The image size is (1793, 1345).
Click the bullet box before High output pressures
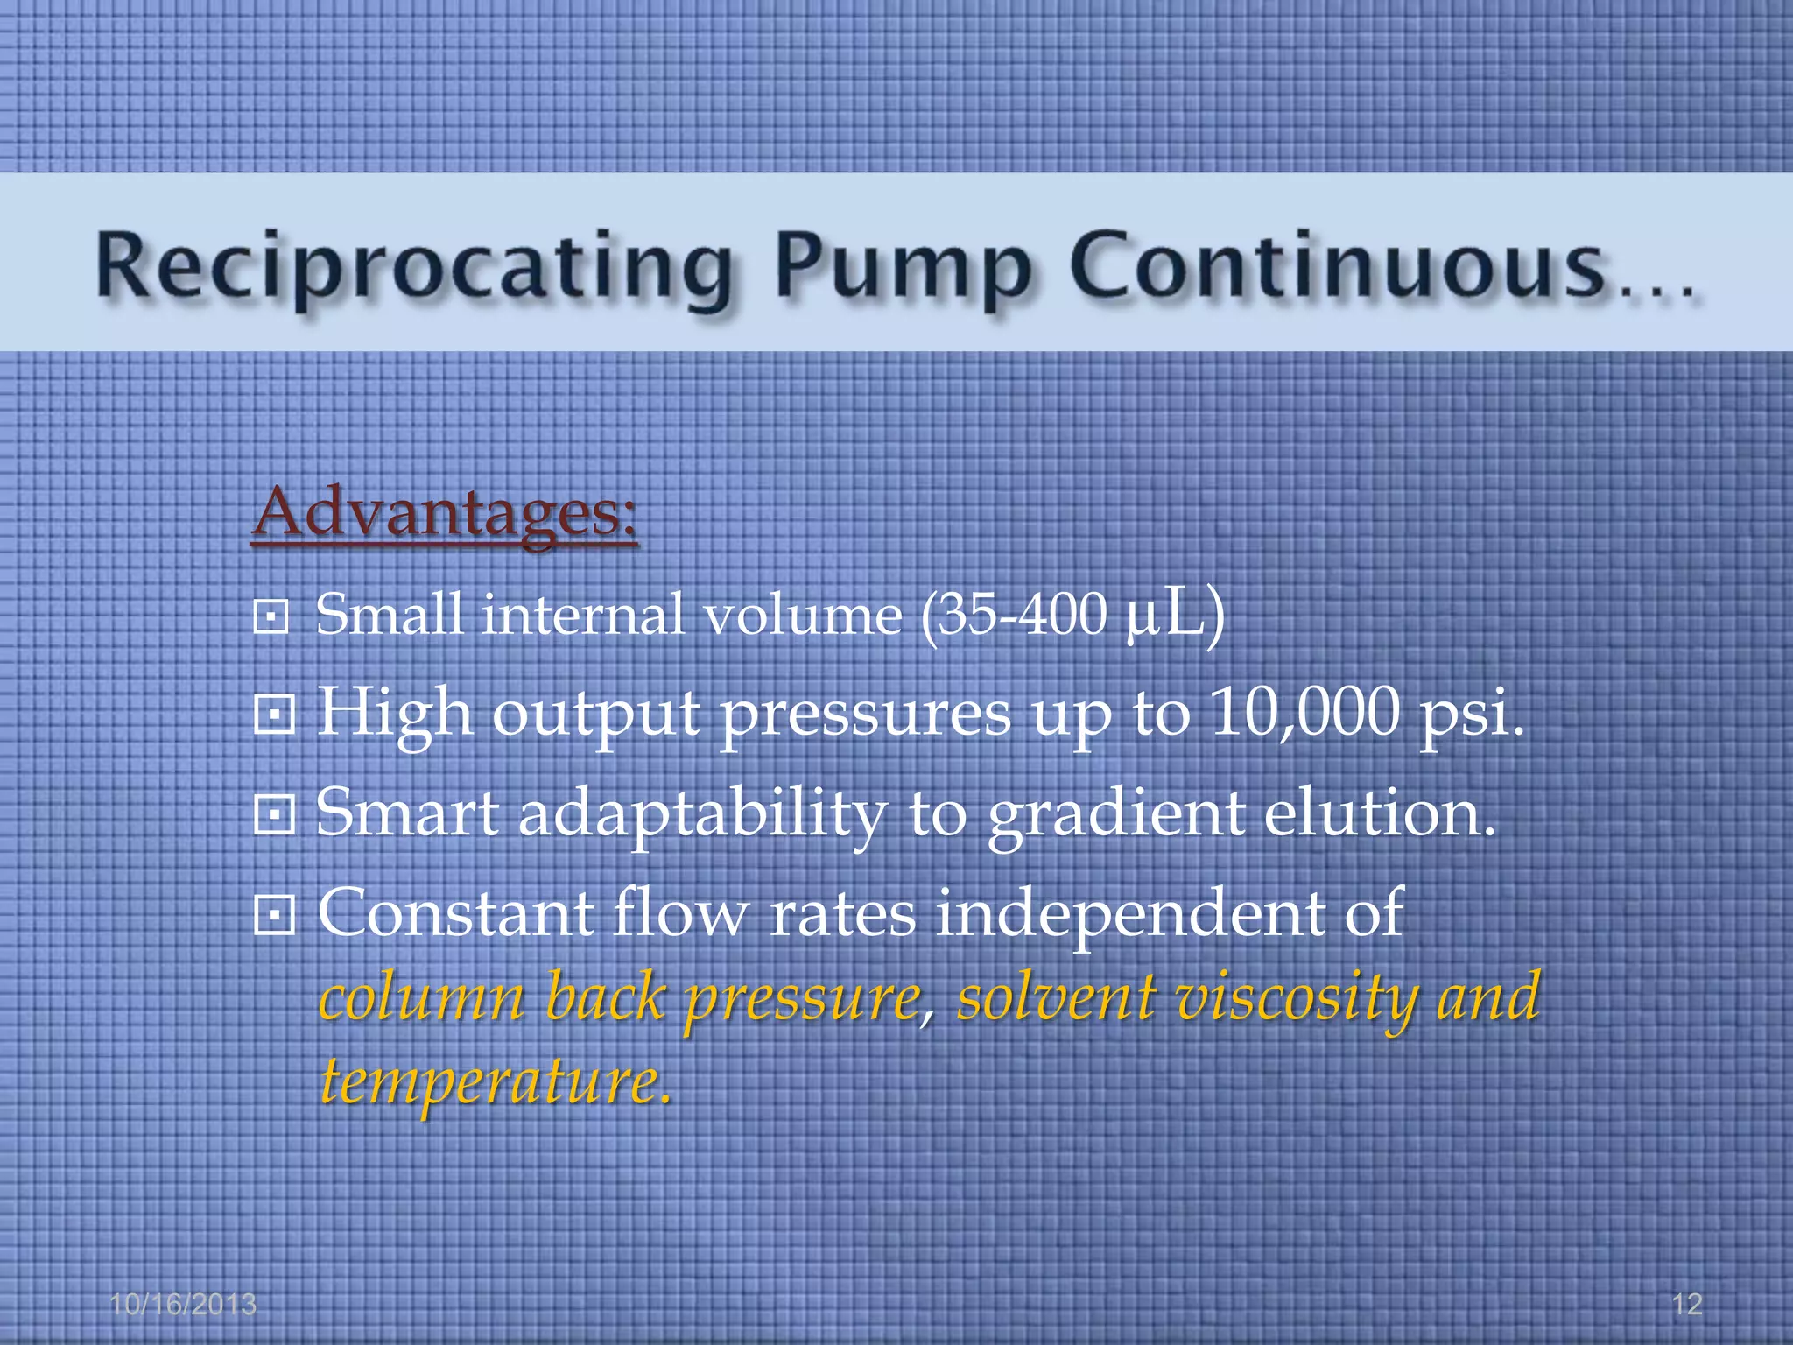coord(274,716)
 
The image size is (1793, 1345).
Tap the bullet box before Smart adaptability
coord(274,816)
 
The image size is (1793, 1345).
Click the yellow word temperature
coord(495,1082)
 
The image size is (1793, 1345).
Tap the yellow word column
coord(421,998)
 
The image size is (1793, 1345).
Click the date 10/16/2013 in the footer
coord(183,1305)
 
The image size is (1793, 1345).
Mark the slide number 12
coord(1687,1305)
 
